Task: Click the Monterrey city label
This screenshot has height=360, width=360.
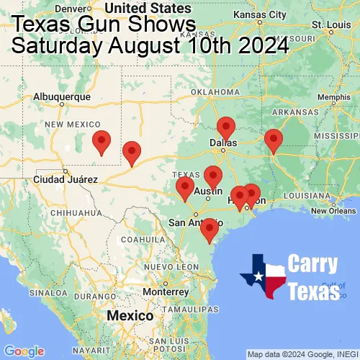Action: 165,292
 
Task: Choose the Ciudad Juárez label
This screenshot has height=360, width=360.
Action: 64,179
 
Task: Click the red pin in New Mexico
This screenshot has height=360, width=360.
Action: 102,141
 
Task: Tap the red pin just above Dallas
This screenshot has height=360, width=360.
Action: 226,127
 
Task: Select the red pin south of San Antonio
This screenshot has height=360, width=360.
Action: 210,230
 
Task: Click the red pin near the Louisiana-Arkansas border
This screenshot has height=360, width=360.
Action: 273,140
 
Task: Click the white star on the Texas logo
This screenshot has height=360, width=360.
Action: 258,277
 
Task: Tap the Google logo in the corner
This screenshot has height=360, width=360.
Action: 24,351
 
